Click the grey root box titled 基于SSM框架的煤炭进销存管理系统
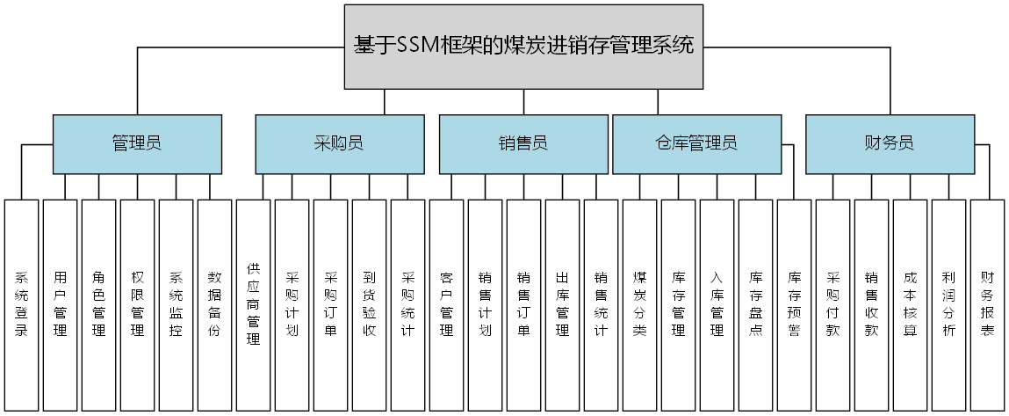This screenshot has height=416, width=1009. tap(523, 47)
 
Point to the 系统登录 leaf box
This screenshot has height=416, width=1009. tap(22, 304)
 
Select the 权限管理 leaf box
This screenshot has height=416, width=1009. tap(138, 304)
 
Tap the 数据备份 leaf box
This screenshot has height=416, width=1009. tap(215, 304)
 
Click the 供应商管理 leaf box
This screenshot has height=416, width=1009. tap(254, 304)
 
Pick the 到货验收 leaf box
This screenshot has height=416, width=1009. tap(370, 304)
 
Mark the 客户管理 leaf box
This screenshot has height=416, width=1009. tap(447, 304)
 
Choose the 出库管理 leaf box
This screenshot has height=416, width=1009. tap(563, 304)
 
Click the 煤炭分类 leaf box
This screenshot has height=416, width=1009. tap(640, 304)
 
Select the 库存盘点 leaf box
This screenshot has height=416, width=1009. tap(756, 304)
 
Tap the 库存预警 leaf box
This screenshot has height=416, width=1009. tap(795, 304)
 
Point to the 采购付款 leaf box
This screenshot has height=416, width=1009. tap(833, 304)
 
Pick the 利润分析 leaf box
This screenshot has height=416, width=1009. tap(949, 304)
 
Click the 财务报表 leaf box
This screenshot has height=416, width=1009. tap(988, 304)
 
